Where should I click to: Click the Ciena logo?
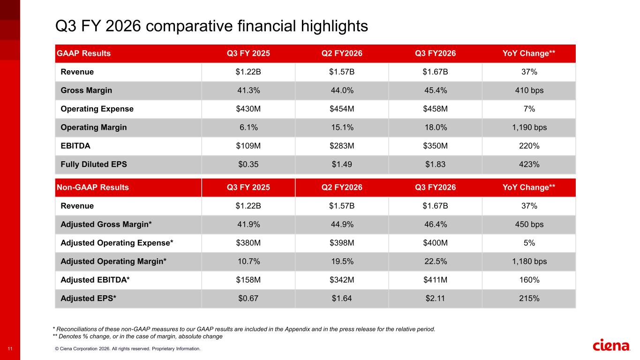tap(611, 345)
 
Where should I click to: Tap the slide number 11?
tap(10, 349)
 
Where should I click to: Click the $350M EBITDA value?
tap(435, 146)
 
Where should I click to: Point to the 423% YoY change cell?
tap(529, 165)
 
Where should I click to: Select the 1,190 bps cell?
tap(529, 127)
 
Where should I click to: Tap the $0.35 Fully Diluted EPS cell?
tap(248, 165)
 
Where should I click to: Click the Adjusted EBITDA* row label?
tap(95, 280)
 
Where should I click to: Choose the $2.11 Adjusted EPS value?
tap(435, 299)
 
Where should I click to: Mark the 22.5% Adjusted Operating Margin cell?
tap(436, 262)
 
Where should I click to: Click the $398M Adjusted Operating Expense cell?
tap(342, 243)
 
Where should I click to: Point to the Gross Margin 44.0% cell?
tap(342, 90)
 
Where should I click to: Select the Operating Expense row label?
tap(97, 109)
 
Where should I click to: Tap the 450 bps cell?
tap(529, 224)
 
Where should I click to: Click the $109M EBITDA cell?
tap(248, 146)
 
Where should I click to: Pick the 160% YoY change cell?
tap(529, 280)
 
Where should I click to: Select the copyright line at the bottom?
tap(128, 349)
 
